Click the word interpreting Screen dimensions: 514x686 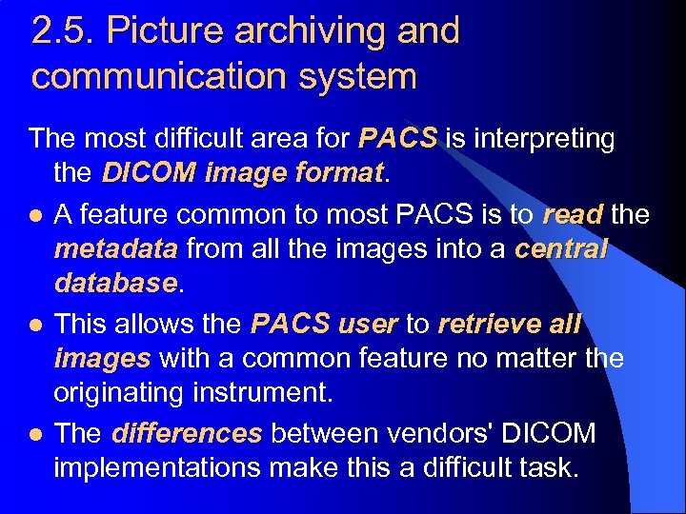(x=542, y=139)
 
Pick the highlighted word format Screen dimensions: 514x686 (x=334, y=174)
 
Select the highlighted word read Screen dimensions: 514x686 (x=573, y=215)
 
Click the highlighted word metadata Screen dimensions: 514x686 (x=115, y=249)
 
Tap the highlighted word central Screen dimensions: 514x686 (x=561, y=249)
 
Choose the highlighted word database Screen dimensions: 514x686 (x=115, y=284)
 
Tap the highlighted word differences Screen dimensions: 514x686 (x=186, y=434)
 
